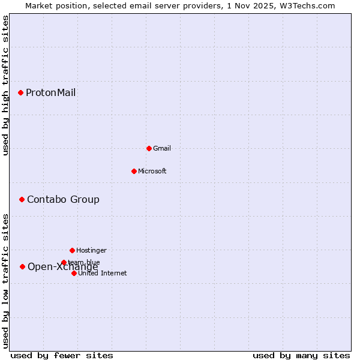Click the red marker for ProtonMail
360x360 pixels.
[20, 92]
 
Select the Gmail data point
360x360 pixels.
[149, 148]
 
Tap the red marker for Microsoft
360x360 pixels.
[134, 171]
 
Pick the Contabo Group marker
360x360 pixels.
[22, 199]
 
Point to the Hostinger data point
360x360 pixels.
[72, 250]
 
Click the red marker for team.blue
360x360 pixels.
[64, 262]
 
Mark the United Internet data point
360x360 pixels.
[74, 273]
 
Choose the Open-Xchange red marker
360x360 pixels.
[22, 266]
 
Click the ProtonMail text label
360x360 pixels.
[50, 92]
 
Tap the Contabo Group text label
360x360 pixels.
[63, 199]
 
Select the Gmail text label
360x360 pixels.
[162, 148]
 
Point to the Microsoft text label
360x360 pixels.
[152, 171]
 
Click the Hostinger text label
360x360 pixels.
[91, 250]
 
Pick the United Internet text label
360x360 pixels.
[102, 273]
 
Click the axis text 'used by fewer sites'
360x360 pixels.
[62, 355]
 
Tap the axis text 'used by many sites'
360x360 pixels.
[301, 355]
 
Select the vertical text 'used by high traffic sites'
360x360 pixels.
[5, 85]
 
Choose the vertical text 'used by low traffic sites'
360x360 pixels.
[5, 281]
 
